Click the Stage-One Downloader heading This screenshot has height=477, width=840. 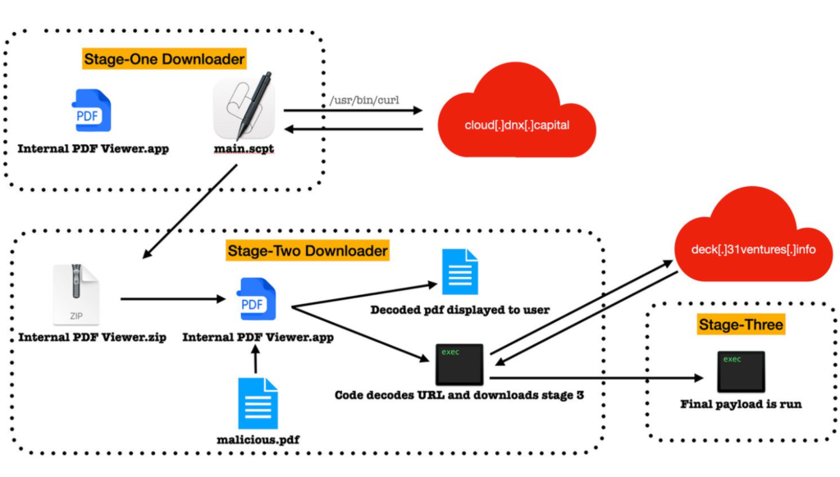tap(164, 59)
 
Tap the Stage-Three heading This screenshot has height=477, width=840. tap(740, 325)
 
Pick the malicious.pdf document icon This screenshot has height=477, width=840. tap(258, 403)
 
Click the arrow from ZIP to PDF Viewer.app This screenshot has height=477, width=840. tap(171, 299)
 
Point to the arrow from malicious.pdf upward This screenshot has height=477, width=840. tap(257, 358)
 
